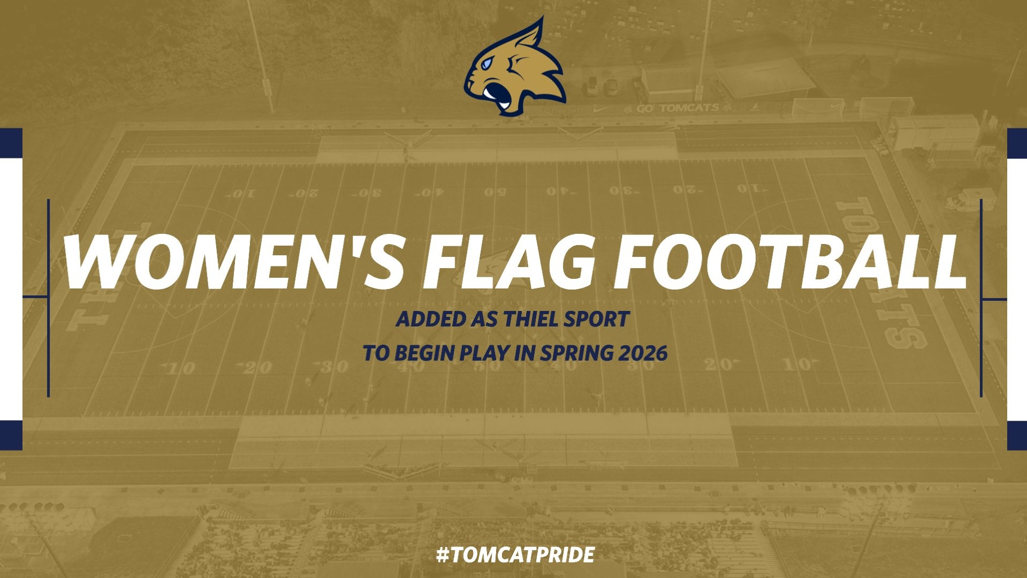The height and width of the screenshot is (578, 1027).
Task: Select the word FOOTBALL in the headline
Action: pyautogui.click(x=789, y=262)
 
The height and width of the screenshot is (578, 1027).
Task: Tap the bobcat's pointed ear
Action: pyautogui.click(x=532, y=35)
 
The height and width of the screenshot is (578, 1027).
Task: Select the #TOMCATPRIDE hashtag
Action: pyautogui.click(x=515, y=555)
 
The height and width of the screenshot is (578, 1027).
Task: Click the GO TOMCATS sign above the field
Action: pyautogui.click(x=678, y=108)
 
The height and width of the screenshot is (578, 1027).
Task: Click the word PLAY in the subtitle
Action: pyautogui.click(x=482, y=353)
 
